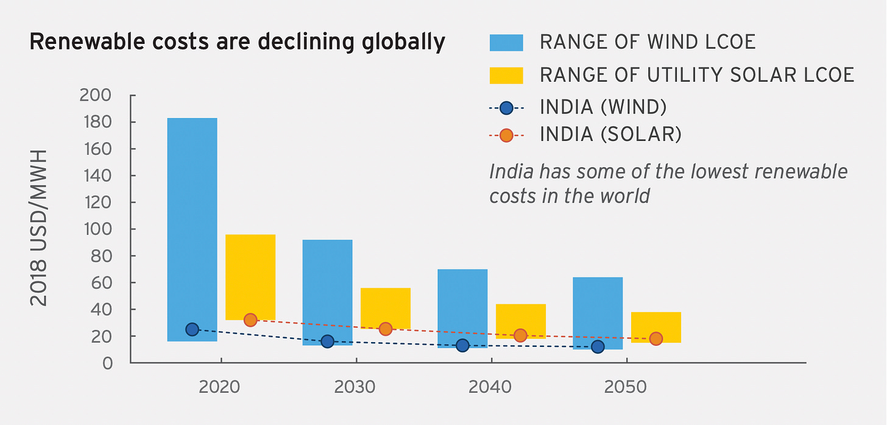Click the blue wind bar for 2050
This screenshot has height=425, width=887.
click(x=598, y=305)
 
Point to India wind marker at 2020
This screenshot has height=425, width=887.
click(x=192, y=329)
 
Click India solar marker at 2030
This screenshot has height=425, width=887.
click(x=385, y=329)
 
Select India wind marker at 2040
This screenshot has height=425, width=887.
click(x=462, y=346)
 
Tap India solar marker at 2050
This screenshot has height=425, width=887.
click(x=656, y=338)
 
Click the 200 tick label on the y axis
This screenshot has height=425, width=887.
click(x=96, y=96)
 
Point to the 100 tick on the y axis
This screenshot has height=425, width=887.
click(x=96, y=229)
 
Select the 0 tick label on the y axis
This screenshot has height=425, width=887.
click(x=107, y=363)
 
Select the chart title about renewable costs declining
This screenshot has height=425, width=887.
click(x=237, y=42)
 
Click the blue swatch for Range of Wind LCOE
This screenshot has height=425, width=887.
click(x=506, y=42)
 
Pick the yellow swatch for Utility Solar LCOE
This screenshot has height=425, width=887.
click(x=506, y=75)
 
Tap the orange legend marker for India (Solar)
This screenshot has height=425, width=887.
click(x=506, y=135)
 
